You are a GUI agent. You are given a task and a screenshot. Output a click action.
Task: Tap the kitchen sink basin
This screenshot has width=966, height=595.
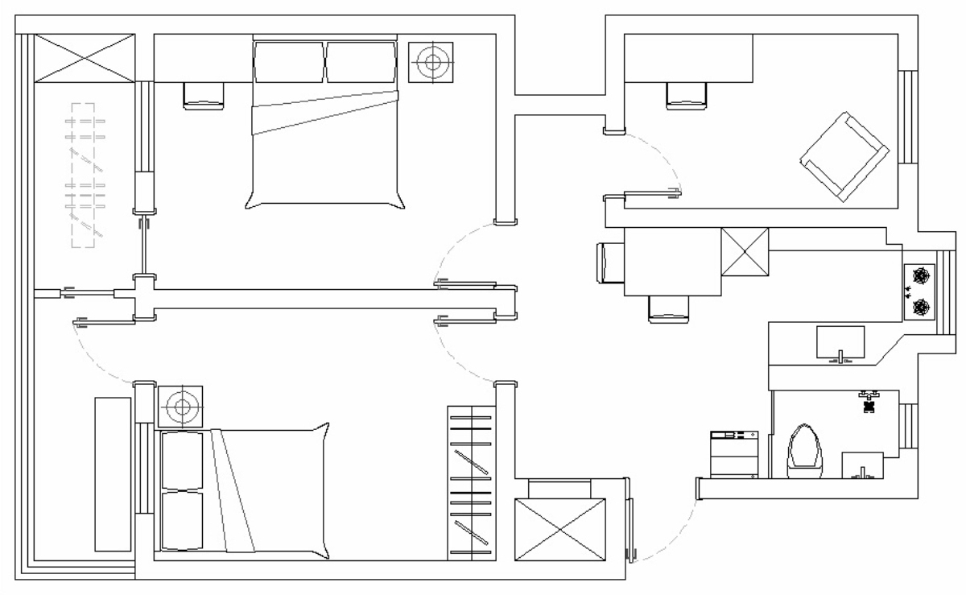(840, 341)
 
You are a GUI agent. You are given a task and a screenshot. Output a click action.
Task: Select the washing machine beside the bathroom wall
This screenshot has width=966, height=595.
(734, 455)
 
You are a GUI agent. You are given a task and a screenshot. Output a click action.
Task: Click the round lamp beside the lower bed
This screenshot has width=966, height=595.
(180, 407)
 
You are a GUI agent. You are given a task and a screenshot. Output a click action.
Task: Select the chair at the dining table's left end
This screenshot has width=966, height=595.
(607, 262)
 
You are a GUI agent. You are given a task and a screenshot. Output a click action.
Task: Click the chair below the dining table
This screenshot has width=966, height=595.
(669, 308)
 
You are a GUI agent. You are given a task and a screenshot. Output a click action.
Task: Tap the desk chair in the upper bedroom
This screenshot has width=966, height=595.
(204, 96)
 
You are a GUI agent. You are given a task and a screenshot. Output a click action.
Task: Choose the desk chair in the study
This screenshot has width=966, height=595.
(687, 96)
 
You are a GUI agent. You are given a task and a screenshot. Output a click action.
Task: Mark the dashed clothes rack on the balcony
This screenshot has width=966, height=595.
(84, 174)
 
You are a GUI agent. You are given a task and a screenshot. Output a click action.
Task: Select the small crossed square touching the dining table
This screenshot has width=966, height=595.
(745, 252)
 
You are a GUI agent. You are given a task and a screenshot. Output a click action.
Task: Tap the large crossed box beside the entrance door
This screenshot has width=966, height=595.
(559, 529)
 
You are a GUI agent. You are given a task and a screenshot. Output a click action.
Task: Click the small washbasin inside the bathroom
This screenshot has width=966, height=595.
(861, 465)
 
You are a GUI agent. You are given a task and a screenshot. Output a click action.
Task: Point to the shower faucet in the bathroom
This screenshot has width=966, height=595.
(869, 402)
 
